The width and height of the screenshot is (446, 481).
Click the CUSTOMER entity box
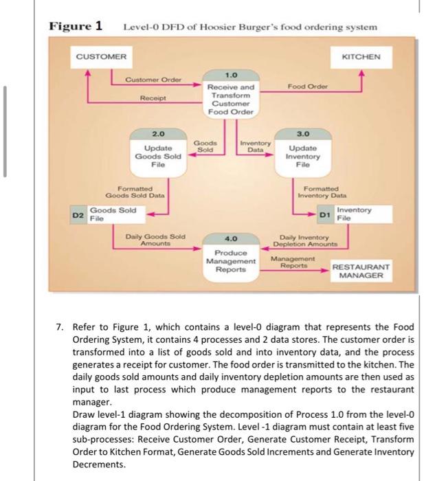point(100,56)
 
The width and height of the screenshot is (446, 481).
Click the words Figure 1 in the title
point(76,26)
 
